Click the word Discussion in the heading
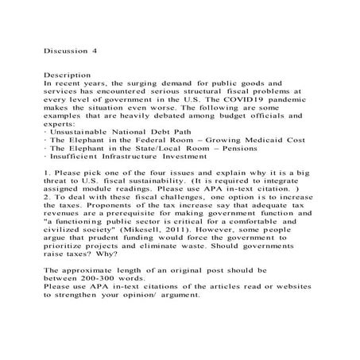(x=64, y=49)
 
